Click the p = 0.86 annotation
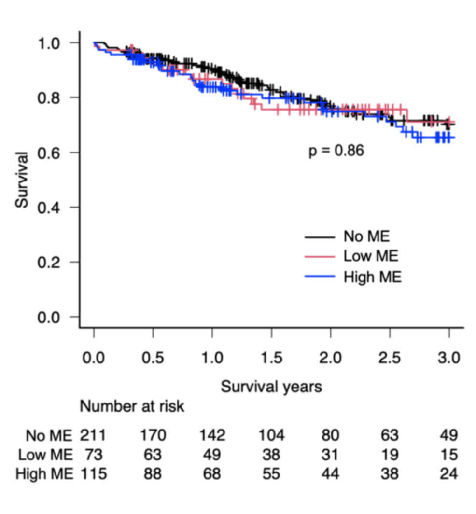coord(336,151)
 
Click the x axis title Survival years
coord(271,387)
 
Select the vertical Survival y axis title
coord(22,180)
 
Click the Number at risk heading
coord(132,407)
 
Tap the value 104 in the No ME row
coord(271,436)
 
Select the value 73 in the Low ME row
coord(94,455)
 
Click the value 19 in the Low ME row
coord(390,455)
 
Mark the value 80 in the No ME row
coord(331,436)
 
